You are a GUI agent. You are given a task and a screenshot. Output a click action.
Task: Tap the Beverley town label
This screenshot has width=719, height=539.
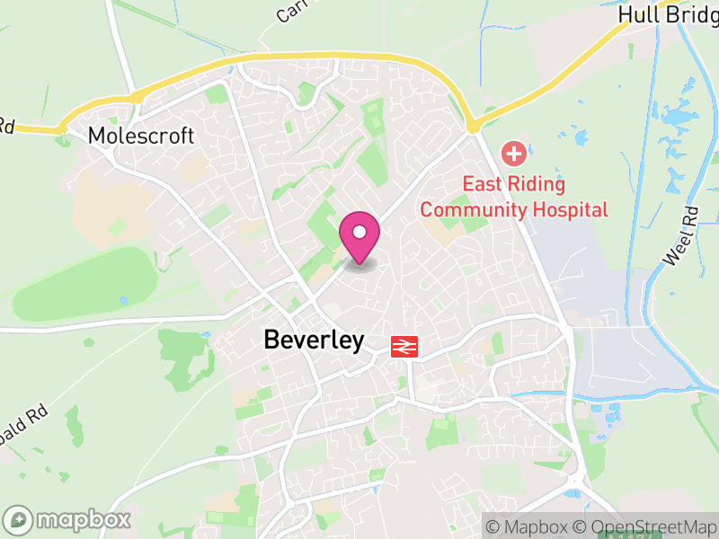(314, 340)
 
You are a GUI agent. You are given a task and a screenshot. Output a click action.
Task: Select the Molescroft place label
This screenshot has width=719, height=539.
(141, 137)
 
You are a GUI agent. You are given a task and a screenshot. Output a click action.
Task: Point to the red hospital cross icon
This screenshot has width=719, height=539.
(514, 154)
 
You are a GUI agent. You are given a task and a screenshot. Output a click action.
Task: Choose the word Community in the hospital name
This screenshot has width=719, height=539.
(473, 210)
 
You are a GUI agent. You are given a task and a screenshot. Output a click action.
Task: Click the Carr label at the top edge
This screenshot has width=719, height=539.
(292, 10)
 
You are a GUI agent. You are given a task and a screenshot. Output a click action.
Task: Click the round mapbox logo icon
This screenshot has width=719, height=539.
(18, 519)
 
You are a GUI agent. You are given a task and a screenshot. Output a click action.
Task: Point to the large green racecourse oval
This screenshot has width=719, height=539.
(81, 283)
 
